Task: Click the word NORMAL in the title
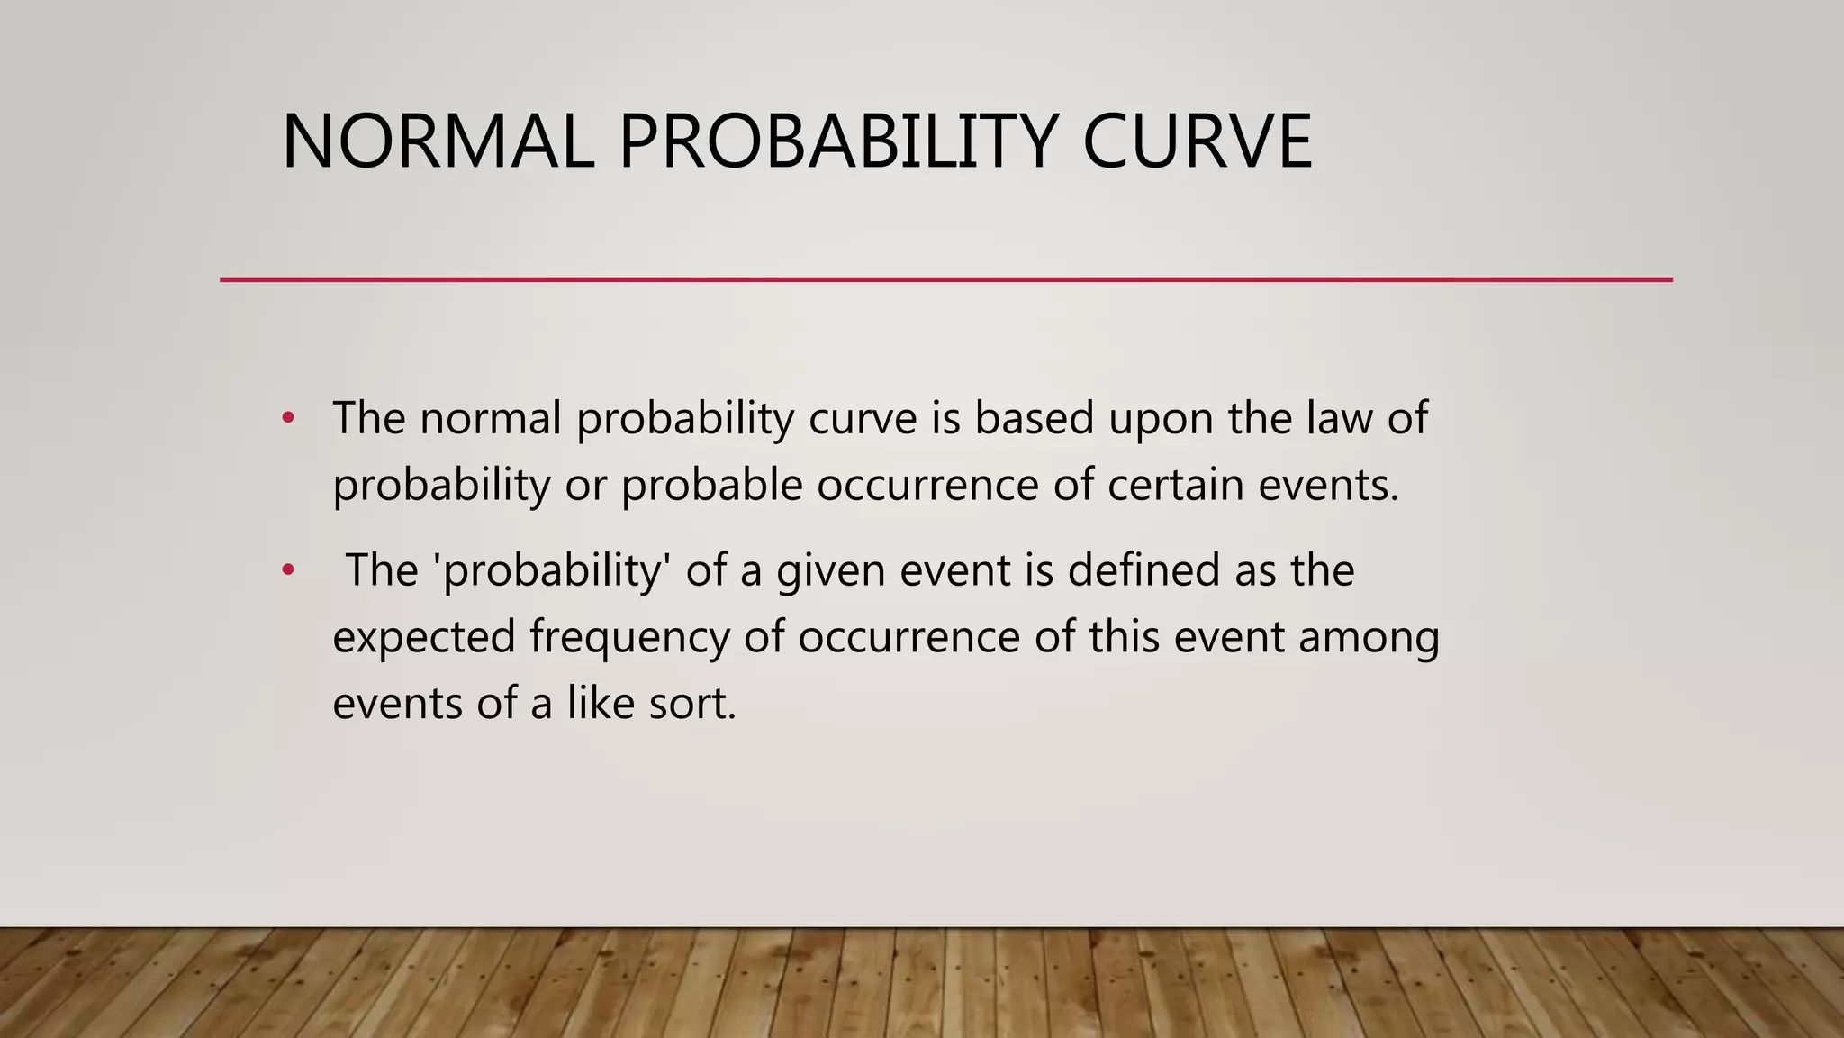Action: click(438, 141)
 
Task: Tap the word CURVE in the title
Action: click(1197, 141)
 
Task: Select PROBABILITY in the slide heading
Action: click(837, 141)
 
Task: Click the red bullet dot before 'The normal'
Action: click(288, 417)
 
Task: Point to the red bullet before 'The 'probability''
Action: click(288, 569)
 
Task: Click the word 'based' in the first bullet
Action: click(1035, 418)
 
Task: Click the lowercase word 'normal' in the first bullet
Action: click(491, 418)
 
